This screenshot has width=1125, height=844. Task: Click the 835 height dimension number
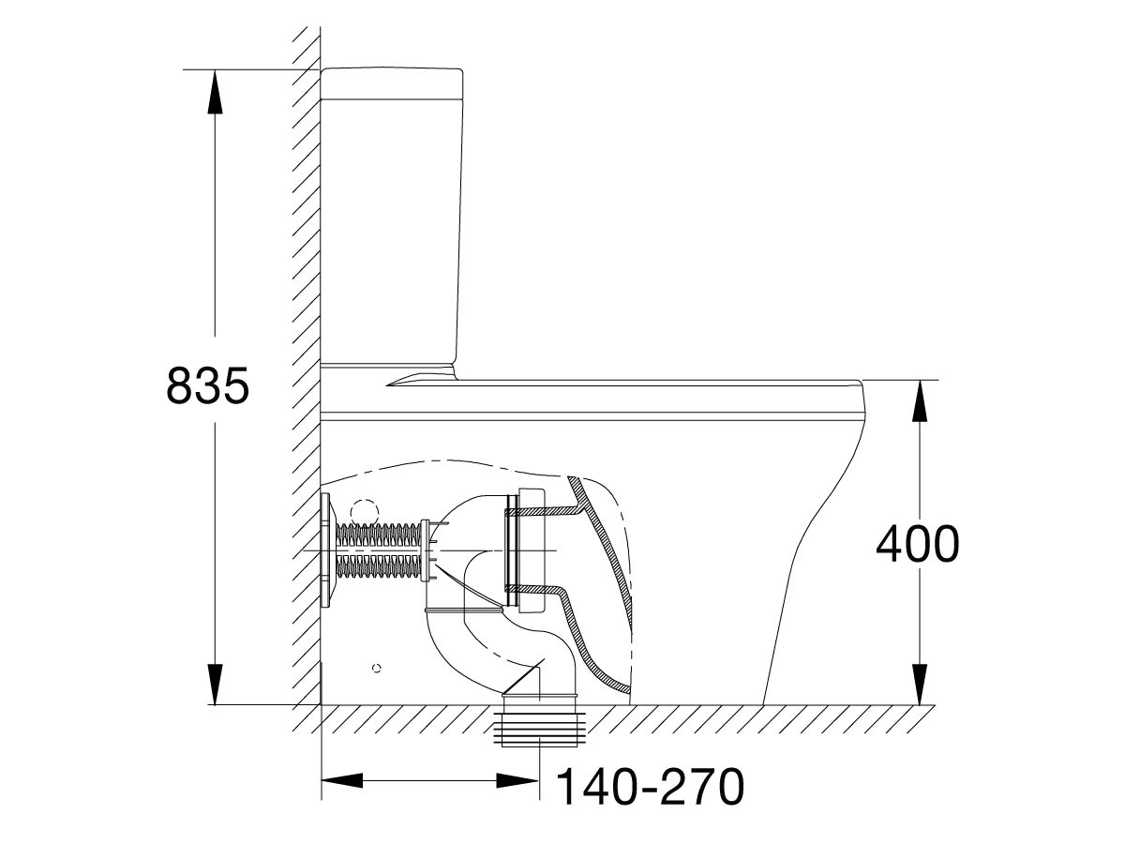click(x=207, y=384)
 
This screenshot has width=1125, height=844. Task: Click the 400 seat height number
click(x=918, y=544)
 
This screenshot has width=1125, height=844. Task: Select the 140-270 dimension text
click(x=650, y=801)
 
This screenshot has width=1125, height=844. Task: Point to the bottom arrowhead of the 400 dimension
click(x=920, y=685)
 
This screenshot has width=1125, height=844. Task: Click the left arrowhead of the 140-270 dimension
click(x=342, y=781)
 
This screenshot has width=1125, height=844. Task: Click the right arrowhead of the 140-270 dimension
click(x=517, y=781)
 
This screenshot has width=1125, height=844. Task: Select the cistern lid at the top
click(x=392, y=83)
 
